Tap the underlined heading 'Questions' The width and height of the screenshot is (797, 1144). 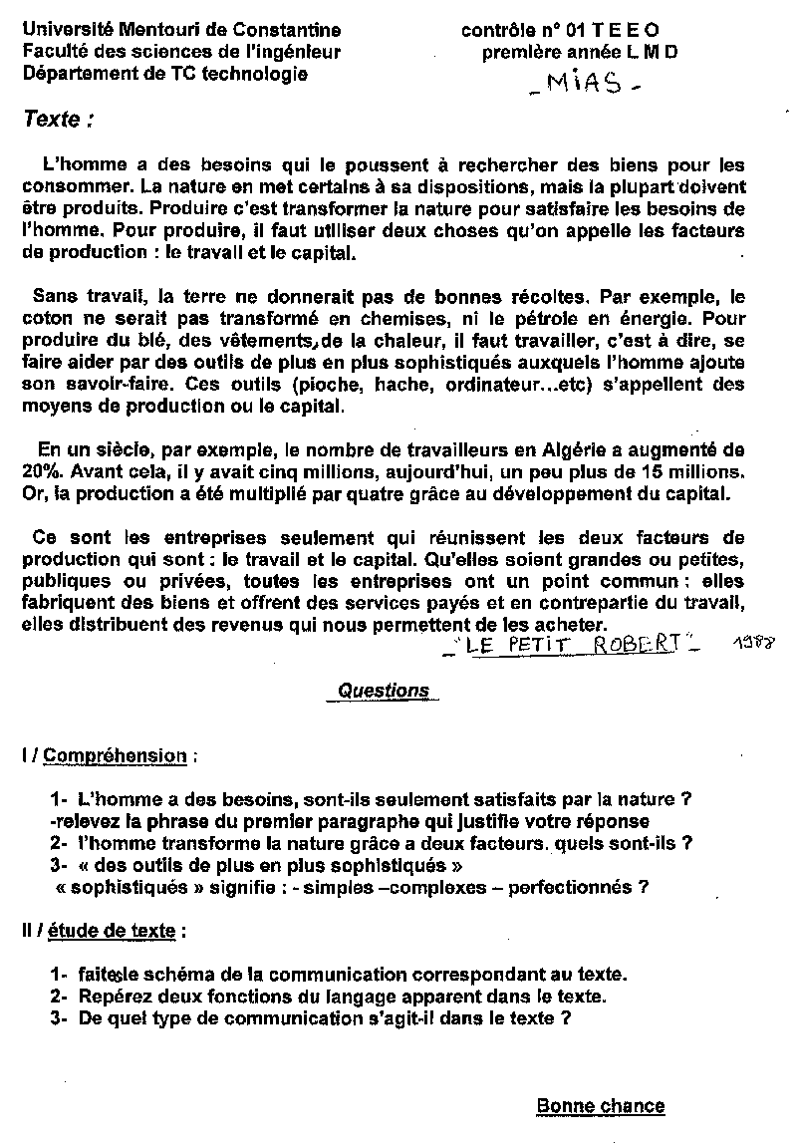click(384, 690)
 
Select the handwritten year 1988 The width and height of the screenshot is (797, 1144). click(754, 647)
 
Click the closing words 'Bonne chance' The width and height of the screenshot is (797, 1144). click(600, 1105)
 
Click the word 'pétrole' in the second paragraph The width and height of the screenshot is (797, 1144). click(572, 319)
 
